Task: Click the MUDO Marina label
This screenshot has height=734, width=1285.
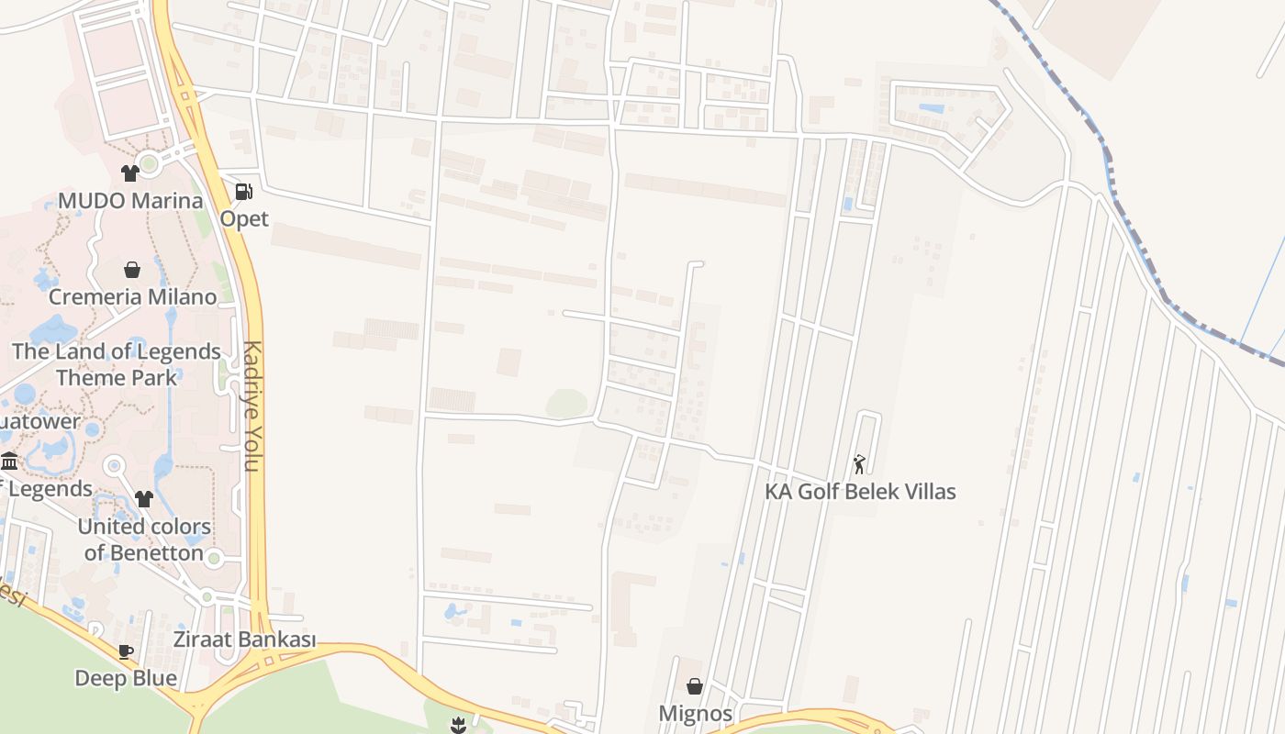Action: [x=130, y=200]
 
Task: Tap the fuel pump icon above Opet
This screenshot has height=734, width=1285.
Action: [x=243, y=192]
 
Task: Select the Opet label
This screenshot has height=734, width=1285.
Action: [x=244, y=218]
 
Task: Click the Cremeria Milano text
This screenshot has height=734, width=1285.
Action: [x=132, y=296]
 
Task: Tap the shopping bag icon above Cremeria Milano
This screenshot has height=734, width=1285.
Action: [x=132, y=270]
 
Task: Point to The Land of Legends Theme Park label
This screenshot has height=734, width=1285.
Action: [x=117, y=364]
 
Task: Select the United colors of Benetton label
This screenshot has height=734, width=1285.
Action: [x=144, y=539]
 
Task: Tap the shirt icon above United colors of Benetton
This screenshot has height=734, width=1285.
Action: [x=144, y=499]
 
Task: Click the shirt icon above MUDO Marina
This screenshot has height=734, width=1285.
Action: [x=129, y=173]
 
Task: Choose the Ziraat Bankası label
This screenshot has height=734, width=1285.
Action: [x=244, y=639]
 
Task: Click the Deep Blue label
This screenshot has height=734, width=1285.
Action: [x=126, y=678]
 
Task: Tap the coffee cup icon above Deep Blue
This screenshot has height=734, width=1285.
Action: [x=126, y=651]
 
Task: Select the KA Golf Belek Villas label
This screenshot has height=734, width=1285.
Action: [x=860, y=492]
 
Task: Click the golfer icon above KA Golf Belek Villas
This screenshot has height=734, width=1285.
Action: [x=859, y=464]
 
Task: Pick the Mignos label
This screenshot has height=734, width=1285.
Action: [x=695, y=713]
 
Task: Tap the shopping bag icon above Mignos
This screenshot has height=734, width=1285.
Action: [x=695, y=686]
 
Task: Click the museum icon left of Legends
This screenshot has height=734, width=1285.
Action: [x=9, y=461]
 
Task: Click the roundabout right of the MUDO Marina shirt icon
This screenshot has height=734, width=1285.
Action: [x=150, y=164]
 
